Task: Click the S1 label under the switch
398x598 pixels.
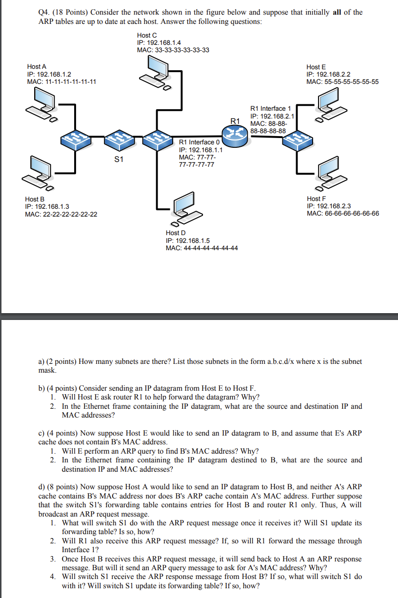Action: click(119, 159)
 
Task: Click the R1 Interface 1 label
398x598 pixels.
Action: click(271, 108)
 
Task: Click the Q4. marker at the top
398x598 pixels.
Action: click(45, 12)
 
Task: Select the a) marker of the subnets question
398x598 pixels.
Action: click(41, 361)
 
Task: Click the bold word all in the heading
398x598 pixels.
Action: click(337, 12)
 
